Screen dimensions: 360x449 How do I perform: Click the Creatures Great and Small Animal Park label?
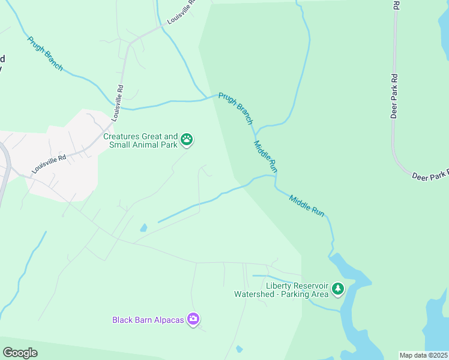point(140,140)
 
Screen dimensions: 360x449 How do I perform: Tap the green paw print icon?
point(187,140)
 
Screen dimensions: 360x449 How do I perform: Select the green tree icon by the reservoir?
point(338,289)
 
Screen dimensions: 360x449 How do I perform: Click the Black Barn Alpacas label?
point(148,319)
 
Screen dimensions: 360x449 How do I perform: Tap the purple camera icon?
point(193,319)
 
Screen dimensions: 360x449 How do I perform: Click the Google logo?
point(20,353)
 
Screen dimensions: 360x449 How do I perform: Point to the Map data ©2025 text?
point(423,355)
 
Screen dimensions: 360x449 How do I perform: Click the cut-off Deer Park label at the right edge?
point(430,175)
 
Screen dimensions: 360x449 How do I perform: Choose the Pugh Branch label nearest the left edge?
point(45,53)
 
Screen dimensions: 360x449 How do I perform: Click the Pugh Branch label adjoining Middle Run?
point(236,108)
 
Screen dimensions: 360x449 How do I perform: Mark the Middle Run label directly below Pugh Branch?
point(265,157)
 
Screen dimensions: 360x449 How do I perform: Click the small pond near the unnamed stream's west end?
point(143,228)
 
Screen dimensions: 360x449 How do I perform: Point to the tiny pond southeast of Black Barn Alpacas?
point(240,349)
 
